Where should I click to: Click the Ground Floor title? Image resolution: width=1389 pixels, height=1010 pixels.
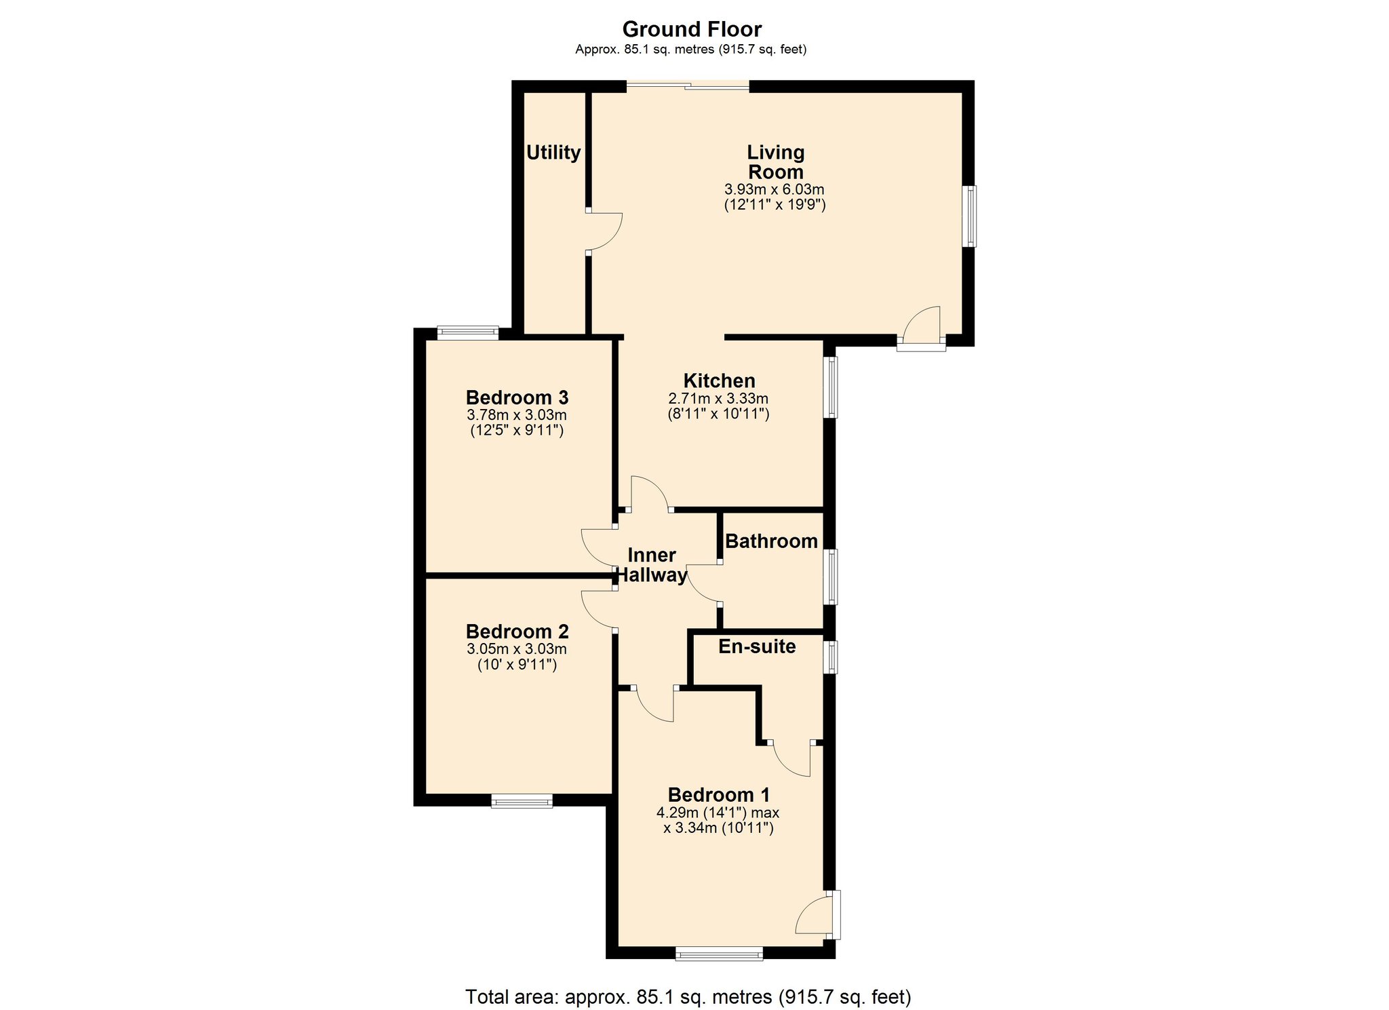click(692, 29)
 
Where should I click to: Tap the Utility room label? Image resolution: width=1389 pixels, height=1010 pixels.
click(553, 153)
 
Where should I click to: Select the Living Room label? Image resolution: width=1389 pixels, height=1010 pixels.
click(775, 162)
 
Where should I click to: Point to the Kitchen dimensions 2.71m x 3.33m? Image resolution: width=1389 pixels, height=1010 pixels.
click(718, 399)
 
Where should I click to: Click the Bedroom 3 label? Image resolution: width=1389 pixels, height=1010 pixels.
click(517, 397)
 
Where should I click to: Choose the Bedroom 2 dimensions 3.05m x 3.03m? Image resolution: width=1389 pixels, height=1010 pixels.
click(517, 649)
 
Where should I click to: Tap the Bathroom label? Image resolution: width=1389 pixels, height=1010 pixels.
click(771, 541)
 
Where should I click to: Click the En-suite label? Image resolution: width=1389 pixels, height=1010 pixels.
click(757, 646)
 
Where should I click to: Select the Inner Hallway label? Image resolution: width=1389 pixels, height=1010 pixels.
click(651, 565)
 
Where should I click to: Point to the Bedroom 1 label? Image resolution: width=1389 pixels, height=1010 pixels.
click(719, 795)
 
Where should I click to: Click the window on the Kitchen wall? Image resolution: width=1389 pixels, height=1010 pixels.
click(830, 387)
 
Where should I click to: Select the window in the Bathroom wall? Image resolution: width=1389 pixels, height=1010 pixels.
click(830, 577)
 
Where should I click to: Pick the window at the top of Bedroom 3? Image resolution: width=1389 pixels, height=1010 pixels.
click(468, 332)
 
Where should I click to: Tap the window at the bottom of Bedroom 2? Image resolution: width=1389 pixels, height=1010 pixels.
click(522, 801)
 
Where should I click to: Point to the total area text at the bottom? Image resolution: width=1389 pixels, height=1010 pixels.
click(688, 996)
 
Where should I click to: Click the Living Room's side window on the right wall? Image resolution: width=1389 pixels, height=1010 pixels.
click(971, 216)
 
